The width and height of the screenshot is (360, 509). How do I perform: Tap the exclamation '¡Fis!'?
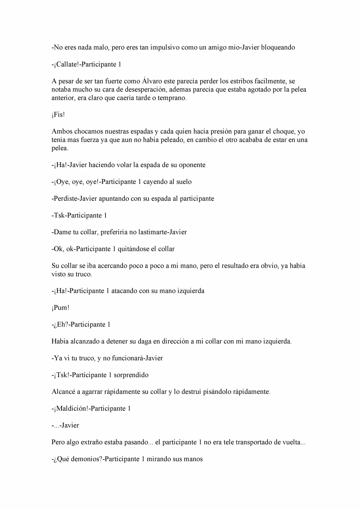58,115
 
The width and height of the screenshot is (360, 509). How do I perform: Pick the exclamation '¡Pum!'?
60,308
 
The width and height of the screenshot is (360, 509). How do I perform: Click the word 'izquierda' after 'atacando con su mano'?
191,291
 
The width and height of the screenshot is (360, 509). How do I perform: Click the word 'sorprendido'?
131,375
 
